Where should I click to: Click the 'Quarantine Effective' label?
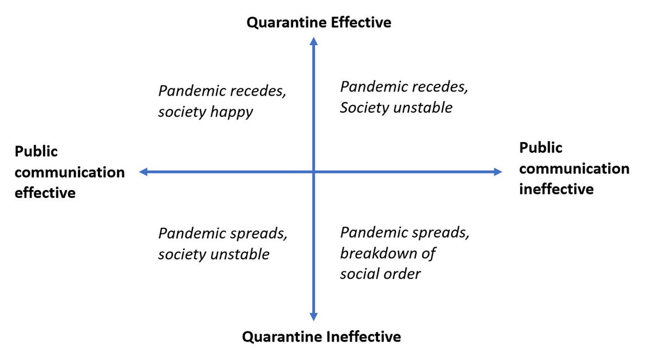(x=319, y=22)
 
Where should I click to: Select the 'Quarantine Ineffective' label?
(x=321, y=337)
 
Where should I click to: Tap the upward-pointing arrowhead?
(x=313, y=41)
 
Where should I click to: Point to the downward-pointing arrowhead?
(x=313, y=317)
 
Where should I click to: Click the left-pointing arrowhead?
(x=143, y=172)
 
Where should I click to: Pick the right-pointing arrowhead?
(x=498, y=172)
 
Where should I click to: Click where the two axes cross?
(x=313, y=172)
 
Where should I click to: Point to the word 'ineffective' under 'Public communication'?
(x=556, y=189)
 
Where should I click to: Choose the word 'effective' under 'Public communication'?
(x=45, y=193)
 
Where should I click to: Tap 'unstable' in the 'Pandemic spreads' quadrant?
(x=241, y=254)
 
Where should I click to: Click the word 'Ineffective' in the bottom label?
(x=364, y=337)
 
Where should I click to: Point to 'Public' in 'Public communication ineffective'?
(x=541, y=148)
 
